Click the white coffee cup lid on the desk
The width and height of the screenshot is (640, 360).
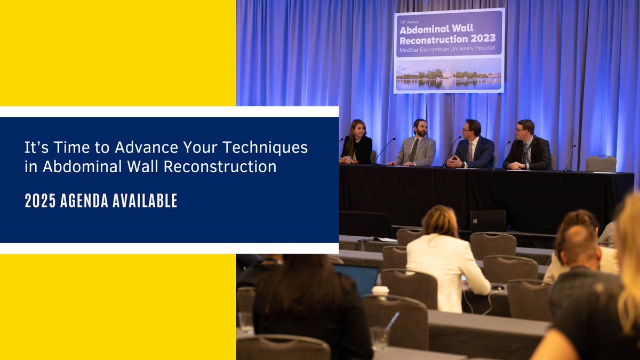coord(380,290)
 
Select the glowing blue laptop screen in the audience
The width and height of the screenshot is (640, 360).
coord(356,277)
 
